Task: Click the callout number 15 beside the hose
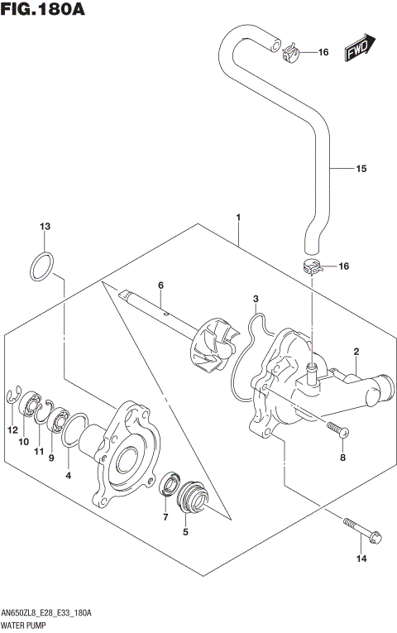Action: [360, 170]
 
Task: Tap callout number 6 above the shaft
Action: [161, 285]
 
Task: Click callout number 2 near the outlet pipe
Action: [355, 352]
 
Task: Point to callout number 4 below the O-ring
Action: [68, 476]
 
